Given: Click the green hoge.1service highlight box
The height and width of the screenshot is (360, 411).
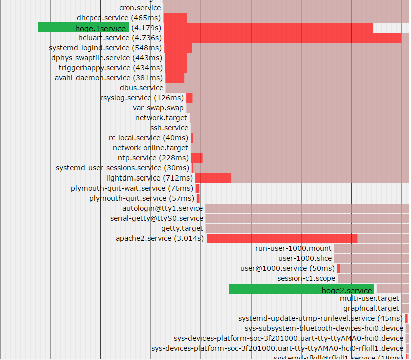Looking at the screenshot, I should [83, 27].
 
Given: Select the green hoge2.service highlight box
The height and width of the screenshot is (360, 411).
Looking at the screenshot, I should [301, 289].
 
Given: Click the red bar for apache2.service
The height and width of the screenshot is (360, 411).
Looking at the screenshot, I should [282, 238].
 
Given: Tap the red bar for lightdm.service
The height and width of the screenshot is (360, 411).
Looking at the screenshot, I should [214, 178].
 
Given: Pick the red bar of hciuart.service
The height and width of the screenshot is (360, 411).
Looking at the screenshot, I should [283, 38].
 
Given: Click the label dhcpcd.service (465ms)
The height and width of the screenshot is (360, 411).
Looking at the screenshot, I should [119, 18].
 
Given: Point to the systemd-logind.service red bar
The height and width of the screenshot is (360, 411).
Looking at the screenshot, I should [178, 48].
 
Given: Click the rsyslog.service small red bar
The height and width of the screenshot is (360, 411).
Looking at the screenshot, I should [189, 98].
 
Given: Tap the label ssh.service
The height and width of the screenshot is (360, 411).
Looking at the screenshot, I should [169, 128].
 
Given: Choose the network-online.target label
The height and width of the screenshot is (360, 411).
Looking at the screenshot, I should [150, 148].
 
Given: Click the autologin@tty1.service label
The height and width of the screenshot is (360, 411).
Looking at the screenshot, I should [163, 208].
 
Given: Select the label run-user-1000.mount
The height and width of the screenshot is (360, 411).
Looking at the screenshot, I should [293, 248].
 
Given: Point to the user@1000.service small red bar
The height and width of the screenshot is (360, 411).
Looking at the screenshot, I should [339, 268].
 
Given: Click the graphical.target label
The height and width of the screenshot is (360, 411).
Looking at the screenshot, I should [371, 308].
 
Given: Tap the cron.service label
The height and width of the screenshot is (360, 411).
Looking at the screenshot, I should [140, 8].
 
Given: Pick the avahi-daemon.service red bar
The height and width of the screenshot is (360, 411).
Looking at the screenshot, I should [175, 78].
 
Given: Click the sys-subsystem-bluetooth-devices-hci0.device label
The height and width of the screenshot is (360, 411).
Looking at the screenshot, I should [324, 328].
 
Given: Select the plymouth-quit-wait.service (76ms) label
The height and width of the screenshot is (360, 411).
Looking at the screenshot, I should [132, 188].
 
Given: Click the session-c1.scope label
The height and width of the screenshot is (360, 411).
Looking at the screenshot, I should [306, 278].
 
